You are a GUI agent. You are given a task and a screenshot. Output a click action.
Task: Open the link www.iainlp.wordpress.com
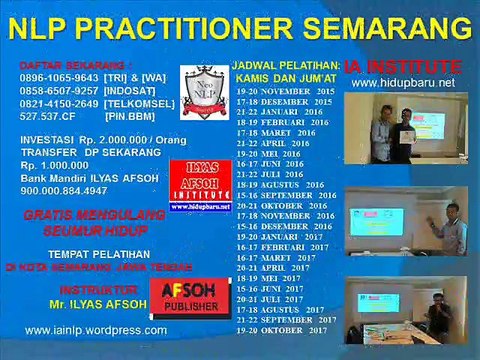point(96,329)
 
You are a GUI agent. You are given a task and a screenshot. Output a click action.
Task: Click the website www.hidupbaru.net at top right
point(404,83)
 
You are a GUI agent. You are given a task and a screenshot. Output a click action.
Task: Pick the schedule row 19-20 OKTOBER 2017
point(285,329)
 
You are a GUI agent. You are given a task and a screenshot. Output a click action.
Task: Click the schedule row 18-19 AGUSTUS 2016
point(285,185)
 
